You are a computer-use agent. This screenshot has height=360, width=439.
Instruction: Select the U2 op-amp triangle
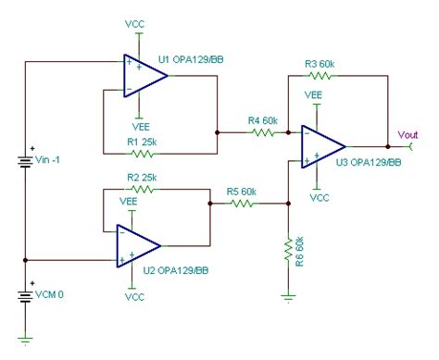coord(138,245)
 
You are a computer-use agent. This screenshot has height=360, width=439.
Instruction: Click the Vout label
coord(408,135)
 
